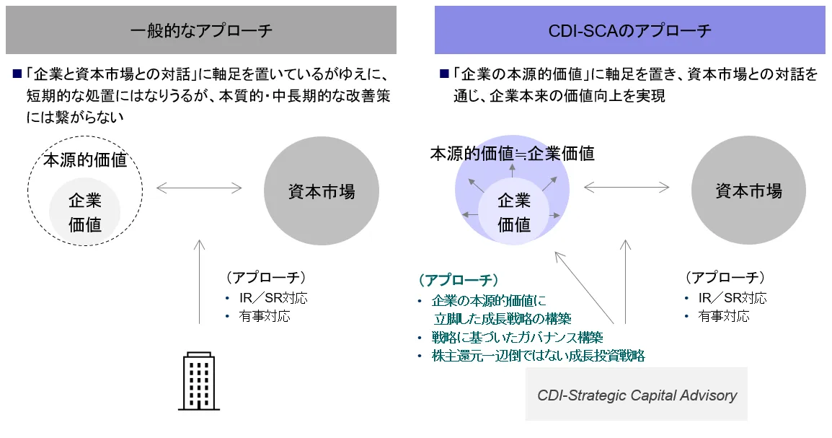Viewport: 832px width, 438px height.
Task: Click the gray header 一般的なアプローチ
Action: pos(201,30)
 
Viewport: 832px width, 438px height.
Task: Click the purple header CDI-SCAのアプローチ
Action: pos(629,30)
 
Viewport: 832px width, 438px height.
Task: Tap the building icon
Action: pos(198,381)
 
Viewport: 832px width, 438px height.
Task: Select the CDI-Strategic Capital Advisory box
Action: pos(637,395)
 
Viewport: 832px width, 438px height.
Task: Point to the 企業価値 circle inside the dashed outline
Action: pos(85,212)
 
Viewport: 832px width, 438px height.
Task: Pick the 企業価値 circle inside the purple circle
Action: pos(514,213)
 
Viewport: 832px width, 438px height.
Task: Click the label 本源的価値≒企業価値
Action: pos(513,154)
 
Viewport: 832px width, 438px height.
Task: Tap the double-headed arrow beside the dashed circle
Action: pos(199,188)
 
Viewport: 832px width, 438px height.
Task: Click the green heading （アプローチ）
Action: pos(459,279)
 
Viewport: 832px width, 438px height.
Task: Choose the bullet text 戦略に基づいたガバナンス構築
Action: pos(517,337)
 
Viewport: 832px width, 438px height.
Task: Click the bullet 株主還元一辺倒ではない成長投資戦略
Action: pos(538,355)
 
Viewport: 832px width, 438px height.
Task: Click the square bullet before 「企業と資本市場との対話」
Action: pos(17,74)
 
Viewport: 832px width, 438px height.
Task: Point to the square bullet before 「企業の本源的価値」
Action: pos(444,74)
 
